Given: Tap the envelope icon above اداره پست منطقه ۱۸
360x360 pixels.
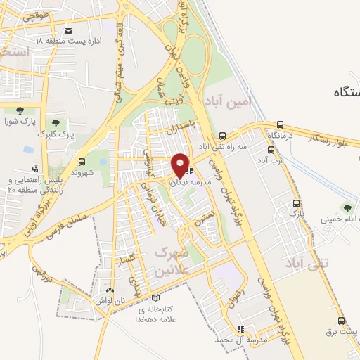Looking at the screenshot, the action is [x=68, y=31].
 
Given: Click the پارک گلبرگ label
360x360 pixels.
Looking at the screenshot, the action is [x=56, y=133].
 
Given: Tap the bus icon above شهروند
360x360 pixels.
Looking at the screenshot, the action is [x=82, y=161].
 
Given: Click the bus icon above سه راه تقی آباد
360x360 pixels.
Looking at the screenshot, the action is [x=222, y=136].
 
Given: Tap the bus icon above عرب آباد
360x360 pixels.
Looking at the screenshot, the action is [x=271, y=150].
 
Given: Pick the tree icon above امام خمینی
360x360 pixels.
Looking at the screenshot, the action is [x=346, y=207].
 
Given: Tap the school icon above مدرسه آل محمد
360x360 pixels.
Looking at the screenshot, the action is [x=240, y=328].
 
